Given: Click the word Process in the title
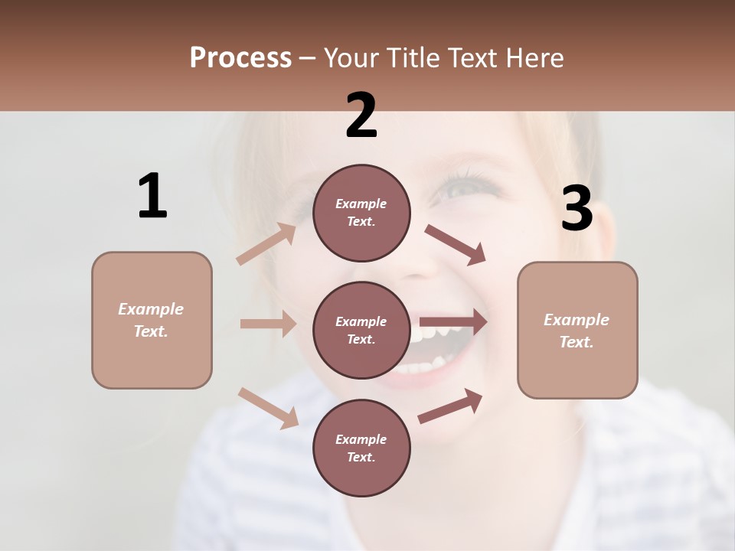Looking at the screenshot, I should (240, 57).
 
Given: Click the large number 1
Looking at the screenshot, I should (152, 196).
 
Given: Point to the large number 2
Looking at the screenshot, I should (361, 116).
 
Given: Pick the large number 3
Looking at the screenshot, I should (577, 209).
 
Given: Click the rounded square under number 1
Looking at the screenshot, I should (152, 320).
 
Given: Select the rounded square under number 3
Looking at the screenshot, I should (577, 330).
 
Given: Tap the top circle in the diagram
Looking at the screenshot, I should (361, 213).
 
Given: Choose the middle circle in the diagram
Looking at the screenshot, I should (361, 330).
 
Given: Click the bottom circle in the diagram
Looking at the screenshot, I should (361, 448).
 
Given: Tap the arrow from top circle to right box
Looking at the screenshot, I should (455, 245).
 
